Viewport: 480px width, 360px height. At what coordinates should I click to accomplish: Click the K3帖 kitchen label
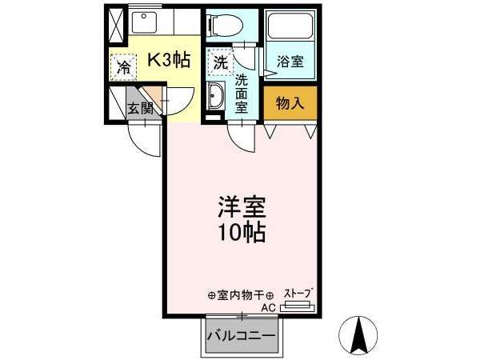pyautogui.click(x=169, y=59)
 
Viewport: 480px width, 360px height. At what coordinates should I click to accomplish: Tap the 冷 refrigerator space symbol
pyautogui.click(x=123, y=67)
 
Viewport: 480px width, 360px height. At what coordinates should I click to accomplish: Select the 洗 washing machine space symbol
pyautogui.click(x=221, y=62)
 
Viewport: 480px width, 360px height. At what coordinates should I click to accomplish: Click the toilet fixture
pyautogui.click(x=226, y=25)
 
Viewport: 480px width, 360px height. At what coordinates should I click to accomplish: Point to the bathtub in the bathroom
pyautogui.click(x=290, y=25)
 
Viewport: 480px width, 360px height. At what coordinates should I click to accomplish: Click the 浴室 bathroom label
pyautogui.click(x=290, y=62)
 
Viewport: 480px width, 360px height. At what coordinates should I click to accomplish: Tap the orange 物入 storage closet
pyautogui.click(x=290, y=103)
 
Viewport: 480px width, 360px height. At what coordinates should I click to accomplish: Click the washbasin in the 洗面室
pyautogui.click(x=215, y=95)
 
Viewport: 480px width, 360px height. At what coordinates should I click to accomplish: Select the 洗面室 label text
pyautogui.click(x=242, y=94)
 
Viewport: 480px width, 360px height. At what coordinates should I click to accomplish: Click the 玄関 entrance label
pyautogui.click(x=141, y=108)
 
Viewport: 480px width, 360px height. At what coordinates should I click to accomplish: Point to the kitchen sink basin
pyautogui.click(x=144, y=22)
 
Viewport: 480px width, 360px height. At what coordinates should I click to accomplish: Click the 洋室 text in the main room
pyautogui.click(x=242, y=207)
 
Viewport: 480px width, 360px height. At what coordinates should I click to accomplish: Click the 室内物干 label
pyautogui.click(x=241, y=295)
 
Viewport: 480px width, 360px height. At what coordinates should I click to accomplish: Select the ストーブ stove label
pyautogui.click(x=299, y=294)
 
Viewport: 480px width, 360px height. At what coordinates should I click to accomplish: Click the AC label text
pyautogui.click(x=269, y=308)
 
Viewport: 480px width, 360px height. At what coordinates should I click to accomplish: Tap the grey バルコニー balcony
pyautogui.click(x=242, y=336)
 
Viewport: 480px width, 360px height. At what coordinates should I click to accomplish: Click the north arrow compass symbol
pyautogui.click(x=359, y=335)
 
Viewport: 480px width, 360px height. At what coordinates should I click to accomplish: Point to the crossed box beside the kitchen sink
pyautogui.click(x=116, y=26)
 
